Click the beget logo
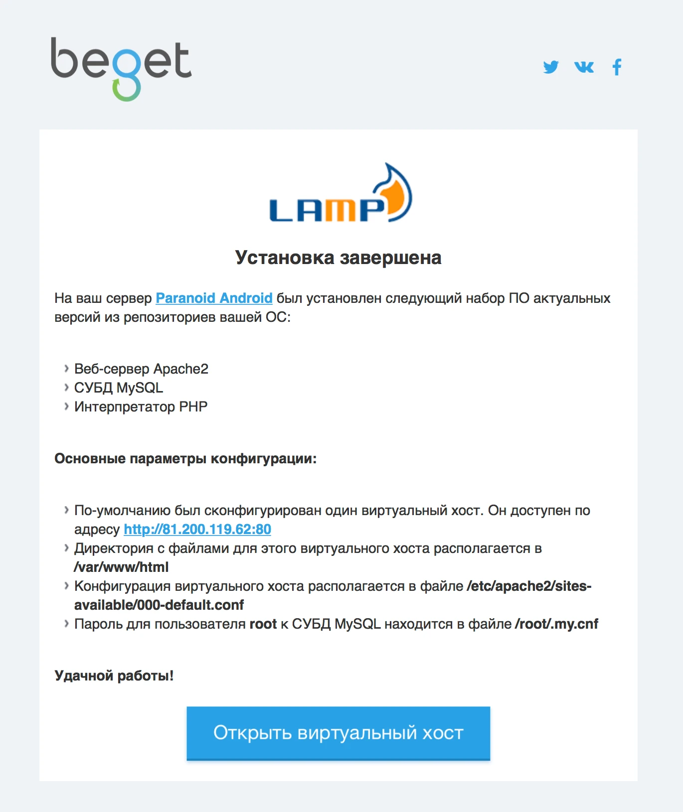point(121,67)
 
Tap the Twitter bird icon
point(551,67)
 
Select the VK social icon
point(584,67)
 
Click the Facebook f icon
point(617,67)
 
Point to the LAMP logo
point(340,194)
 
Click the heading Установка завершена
point(338,258)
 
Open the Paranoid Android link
point(214,298)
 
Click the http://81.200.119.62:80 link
point(197,529)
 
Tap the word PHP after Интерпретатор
point(193,406)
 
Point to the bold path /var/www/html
point(121,567)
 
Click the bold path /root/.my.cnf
point(556,624)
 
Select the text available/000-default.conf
point(159,605)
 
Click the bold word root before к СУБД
point(263,624)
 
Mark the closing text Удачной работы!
point(114,676)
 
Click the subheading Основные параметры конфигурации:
point(185,458)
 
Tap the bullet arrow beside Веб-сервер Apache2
point(66,369)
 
